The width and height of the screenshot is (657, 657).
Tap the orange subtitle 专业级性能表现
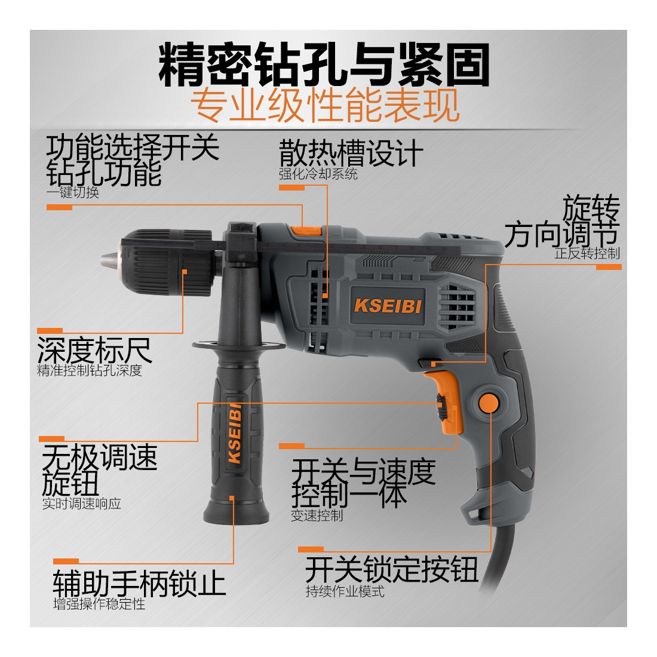point(325,105)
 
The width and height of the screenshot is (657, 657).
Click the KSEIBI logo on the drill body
point(388,306)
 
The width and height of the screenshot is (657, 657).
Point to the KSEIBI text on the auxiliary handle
point(235,433)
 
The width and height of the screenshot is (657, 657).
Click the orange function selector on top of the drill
point(306,231)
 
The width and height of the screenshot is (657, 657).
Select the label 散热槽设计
point(351,153)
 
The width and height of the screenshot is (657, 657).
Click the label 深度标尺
point(94,350)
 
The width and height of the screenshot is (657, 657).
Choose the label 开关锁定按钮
point(392,569)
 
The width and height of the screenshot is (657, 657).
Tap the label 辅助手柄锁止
point(139,583)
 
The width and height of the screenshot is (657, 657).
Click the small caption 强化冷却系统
point(318,174)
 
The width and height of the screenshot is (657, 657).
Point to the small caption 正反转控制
point(587,253)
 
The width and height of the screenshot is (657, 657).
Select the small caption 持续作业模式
point(345,591)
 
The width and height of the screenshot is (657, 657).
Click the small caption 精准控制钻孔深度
point(90,370)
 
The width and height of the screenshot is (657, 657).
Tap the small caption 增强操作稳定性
point(99,604)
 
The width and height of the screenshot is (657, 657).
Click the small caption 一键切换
point(73,192)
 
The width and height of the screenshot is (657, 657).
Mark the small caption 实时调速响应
point(82,504)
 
